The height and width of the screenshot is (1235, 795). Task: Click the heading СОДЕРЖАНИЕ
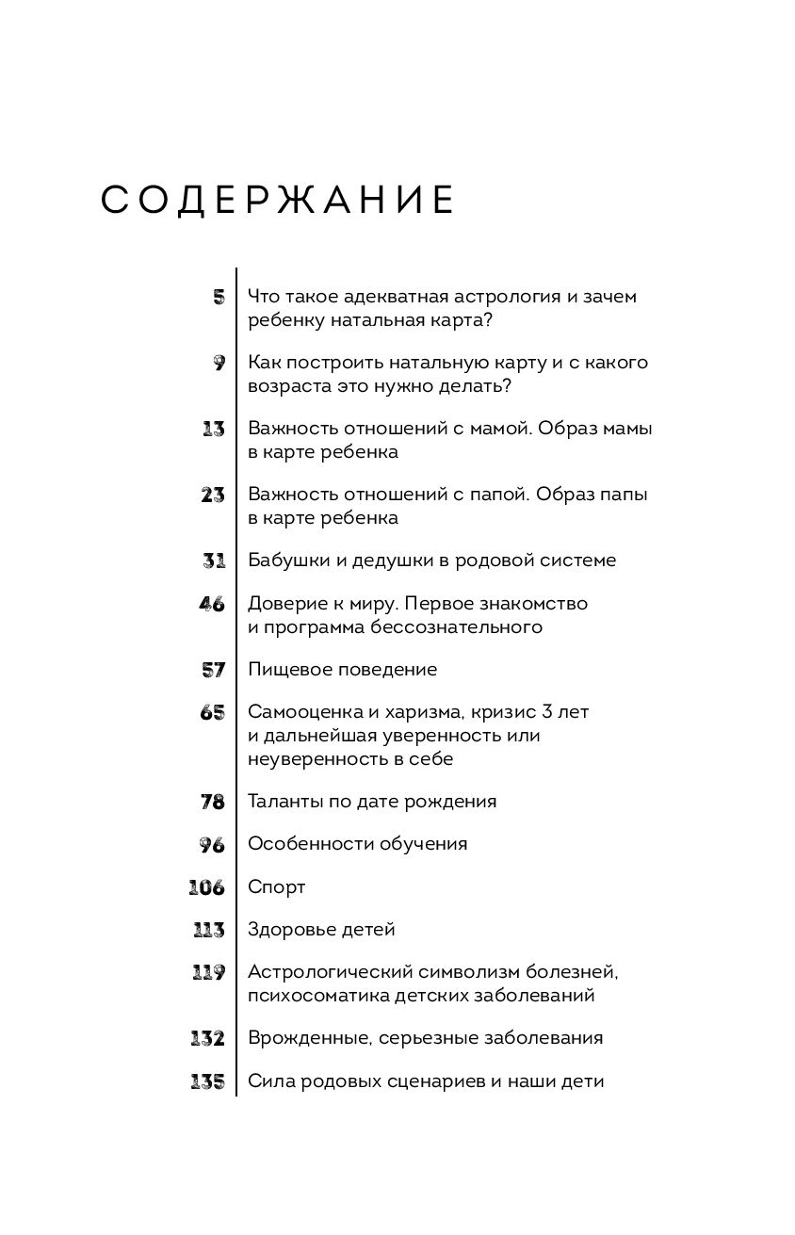pyautogui.click(x=279, y=202)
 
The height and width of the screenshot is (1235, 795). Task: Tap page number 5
pyautogui.click(x=219, y=297)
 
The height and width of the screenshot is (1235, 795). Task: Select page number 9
pyautogui.click(x=219, y=363)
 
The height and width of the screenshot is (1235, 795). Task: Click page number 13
pyautogui.click(x=213, y=429)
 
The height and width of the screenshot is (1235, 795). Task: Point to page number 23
pyautogui.click(x=213, y=495)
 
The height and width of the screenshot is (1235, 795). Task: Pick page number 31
pyautogui.click(x=214, y=561)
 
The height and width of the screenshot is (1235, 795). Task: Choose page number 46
pyautogui.click(x=212, y=604)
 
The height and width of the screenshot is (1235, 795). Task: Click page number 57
pyautogui.click(x=213, y=670)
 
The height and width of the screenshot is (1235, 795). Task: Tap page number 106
pyautogui.click(x=207, y=887)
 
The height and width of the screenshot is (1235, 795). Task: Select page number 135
pyautogui.click(x=207, y=1081)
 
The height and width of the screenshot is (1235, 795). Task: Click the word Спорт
pyautogui.click(x=277, y=887)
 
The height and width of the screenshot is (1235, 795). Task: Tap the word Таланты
pyautogui.click(x=284, y=802)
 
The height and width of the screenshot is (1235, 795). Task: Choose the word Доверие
pyautogui.click(x=284, y=604)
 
